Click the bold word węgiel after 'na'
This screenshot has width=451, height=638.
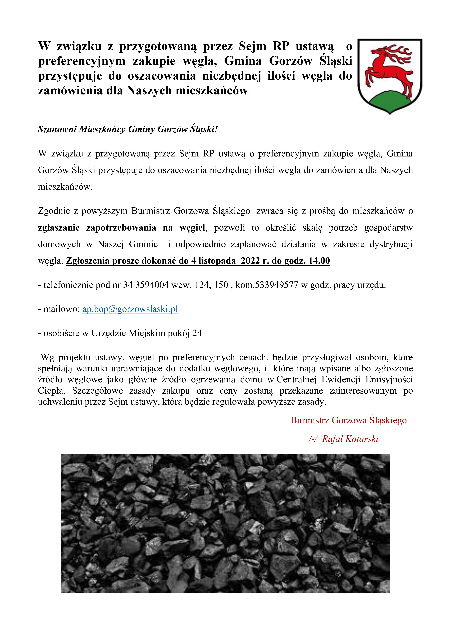[192, 228]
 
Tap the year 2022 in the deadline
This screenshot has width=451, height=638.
[251, 261]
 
